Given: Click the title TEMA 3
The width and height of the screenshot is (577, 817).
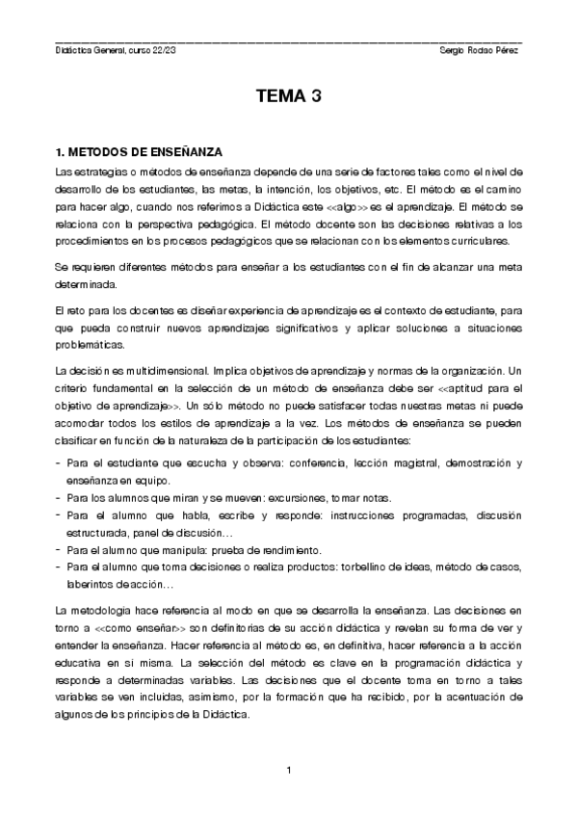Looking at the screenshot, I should pos(288,96).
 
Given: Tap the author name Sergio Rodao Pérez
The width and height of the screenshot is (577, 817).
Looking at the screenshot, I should pos(477,50).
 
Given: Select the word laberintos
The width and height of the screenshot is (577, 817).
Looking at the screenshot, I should pos(90,584).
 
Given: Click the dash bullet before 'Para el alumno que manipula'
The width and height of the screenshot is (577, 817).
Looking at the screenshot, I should pos(59,550).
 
